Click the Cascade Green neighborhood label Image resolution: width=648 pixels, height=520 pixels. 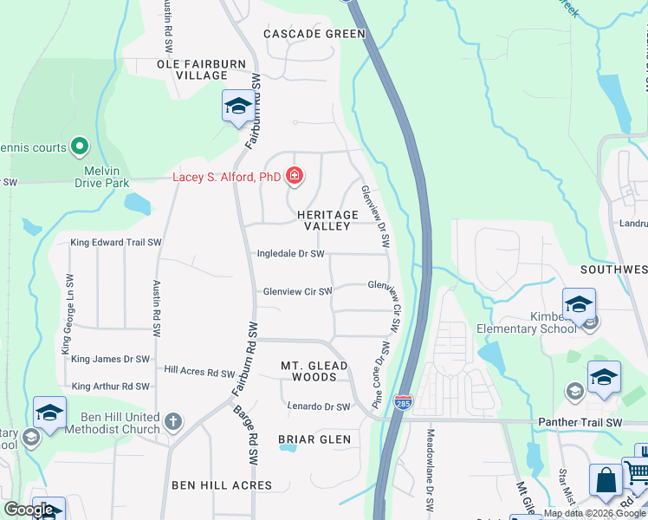pyautogui.click(x=315, y=34)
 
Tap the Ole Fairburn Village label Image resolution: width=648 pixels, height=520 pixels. pyautogui.click(x=192, y=70)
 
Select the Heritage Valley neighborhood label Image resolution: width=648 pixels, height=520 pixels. pyautogui.click(x=327, y=220)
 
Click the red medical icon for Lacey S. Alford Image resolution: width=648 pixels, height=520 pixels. pyautogui.click(x=295, y=176)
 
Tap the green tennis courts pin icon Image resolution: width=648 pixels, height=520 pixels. pyautogui.click(x=80, y=146)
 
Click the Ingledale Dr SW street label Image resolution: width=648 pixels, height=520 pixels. pyautogui.click(x=291, y=254)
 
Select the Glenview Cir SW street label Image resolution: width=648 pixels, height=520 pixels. pyautogui.click(x=297, y=292)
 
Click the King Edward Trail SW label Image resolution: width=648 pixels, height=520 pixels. pyautogui.click(x=117, y=243)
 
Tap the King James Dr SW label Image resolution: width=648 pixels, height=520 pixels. pyautogui.click(x=111, y=359)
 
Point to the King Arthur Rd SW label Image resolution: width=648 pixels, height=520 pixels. pyautogui.click(x=111, y=386)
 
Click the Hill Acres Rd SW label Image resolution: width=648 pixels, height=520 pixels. pyautogui.click(x=200, y=372)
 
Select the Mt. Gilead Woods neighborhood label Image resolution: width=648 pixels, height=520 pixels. pyautogui.click(x=314, y=371)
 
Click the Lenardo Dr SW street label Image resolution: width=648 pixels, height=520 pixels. pyautogui.click(x=318, y=406)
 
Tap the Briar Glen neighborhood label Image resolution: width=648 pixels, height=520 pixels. pyautogui.click(x=314, y=439)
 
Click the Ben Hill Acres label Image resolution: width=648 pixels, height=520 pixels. pyautogui.click(x=222, y=485)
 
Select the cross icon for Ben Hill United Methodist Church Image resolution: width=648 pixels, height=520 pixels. pyautogui.click(x=173, y=421)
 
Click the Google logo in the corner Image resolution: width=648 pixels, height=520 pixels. pyautogui.click(x=30, y=510)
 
